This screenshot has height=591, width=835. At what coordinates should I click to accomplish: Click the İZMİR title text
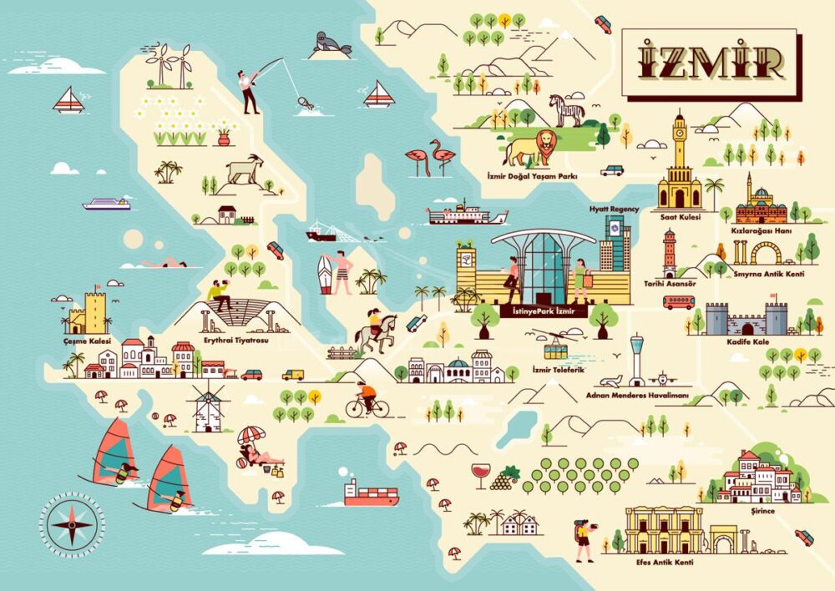711,59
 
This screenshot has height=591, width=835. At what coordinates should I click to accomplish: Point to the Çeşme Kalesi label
83,341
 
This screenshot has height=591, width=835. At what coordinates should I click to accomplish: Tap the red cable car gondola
556,341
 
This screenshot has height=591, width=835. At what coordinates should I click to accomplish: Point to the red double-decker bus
678,301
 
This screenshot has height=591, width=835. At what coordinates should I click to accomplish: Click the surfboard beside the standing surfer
325,274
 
